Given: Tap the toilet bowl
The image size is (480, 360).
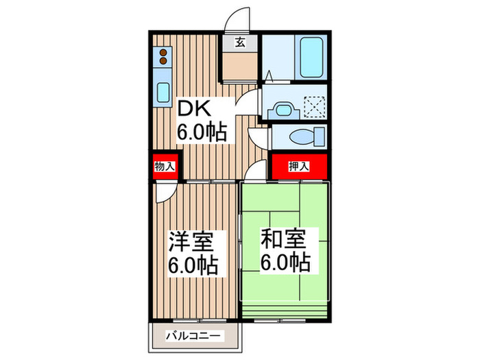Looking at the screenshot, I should click(x=302, y=136).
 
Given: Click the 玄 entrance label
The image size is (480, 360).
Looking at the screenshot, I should click(x=241, y=43).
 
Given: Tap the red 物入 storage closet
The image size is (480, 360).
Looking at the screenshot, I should click(x=165, y=167).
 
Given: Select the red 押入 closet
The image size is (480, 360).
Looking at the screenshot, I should click(x=298, y=166).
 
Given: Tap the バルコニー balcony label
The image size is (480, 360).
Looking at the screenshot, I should click(x=195, y=336).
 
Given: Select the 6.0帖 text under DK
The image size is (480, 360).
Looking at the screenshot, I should click(x=202, y=132).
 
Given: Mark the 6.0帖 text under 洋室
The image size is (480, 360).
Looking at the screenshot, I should click(x=194, y=265).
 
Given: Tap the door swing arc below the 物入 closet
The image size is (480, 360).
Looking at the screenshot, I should click(x=165, y=193).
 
